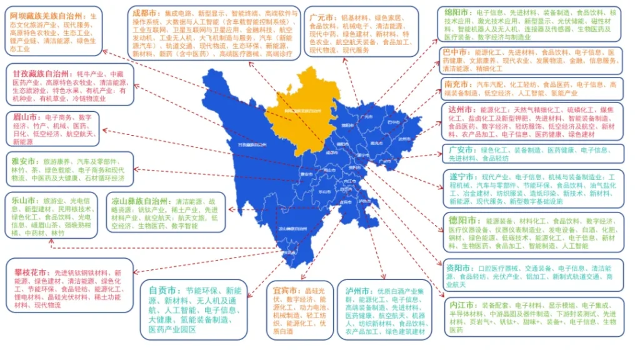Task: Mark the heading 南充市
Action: coord(458,84)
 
